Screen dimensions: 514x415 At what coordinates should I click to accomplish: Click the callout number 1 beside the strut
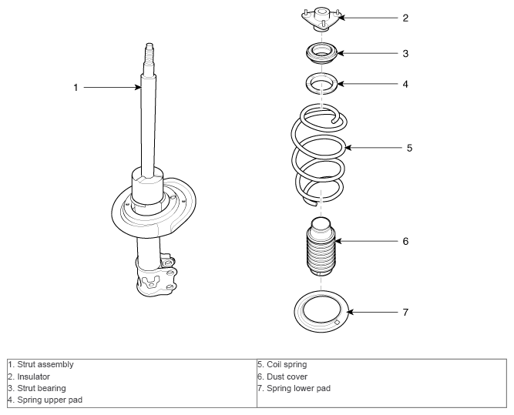click(x=76, y=88)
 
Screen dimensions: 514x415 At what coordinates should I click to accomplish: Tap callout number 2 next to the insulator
click(x=405, y=18)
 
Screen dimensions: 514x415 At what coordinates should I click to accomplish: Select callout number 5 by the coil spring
click(x=409, y=148)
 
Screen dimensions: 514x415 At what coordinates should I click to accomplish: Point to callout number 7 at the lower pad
click(x=405, y=313)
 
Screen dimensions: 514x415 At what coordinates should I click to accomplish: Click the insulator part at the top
click(x=321, y=19)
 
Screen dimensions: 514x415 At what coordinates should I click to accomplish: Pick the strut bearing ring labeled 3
click(x=321, y=54)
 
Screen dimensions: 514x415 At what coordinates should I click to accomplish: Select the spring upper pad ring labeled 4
click(x=321, y=83)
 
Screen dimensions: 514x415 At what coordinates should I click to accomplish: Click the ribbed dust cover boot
click(x=321, y=246)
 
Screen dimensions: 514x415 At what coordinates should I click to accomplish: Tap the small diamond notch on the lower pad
click(x=337, y=323)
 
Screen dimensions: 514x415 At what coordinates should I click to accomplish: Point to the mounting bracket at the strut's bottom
click(x=156, y=275)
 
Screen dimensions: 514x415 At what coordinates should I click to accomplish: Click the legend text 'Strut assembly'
click(x=45, y=364)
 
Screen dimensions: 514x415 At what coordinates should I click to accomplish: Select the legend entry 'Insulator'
click(x=33, y=377)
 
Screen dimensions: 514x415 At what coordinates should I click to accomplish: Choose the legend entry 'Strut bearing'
click(x=42, y=389)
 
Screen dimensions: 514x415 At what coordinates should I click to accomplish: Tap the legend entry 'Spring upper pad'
click(x=49, y=400)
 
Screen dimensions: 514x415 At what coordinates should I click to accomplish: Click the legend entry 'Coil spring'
click(x=287, y=364)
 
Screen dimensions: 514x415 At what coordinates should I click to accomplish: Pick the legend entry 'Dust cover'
click(x=287, y=377)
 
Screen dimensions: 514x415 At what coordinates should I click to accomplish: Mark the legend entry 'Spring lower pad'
click(x=299, y=389)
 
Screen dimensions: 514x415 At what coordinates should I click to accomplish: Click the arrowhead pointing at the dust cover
click(x=338, y=242)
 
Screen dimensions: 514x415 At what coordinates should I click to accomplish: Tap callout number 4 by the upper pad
click(x=405, y=85)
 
